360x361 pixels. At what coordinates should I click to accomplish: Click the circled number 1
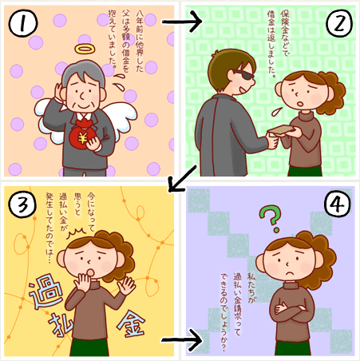(x=23, y=23)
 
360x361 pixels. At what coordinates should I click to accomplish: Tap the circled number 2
(x=338, y=22)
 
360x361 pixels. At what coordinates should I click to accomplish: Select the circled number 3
(x=22, y=204)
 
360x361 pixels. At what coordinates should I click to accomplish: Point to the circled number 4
(x=338, y=204)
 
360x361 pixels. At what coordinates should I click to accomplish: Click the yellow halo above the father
(x=85, y=49)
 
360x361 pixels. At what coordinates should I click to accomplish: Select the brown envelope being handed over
(x=281, y=129)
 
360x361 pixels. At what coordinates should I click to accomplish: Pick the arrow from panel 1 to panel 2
(x=182, y=22)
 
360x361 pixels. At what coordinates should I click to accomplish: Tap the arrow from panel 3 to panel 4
(x=182, y=340)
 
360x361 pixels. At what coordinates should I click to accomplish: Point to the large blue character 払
(x=60, y=325)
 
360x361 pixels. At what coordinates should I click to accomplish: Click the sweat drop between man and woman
(x=276, y=111)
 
